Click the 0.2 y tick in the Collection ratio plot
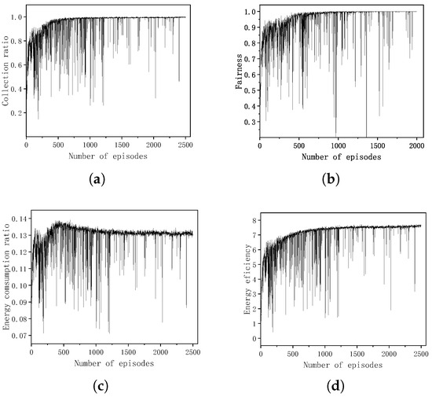point(18,112)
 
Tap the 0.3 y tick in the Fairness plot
point(250,122)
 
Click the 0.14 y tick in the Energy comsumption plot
point(20,217)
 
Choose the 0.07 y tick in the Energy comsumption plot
point(20,336)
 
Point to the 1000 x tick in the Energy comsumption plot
point(97,354)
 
